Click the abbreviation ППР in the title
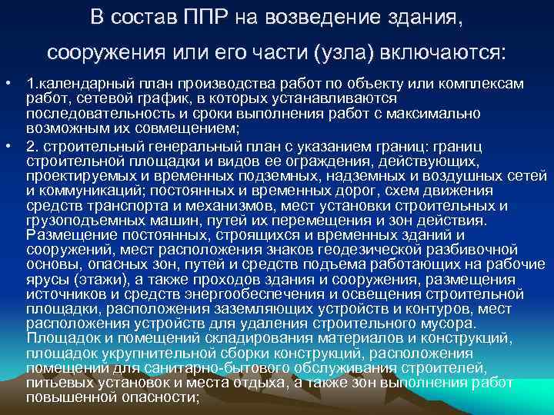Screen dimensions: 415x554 coord(202,17)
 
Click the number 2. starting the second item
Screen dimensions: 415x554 coord(33,146)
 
